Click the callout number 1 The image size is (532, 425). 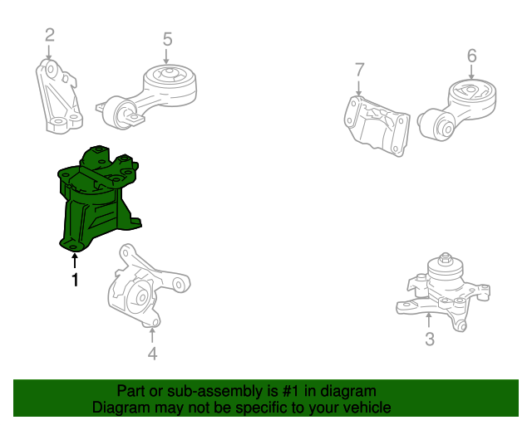75,280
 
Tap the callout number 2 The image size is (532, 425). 50,35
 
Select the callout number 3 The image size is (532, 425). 430,340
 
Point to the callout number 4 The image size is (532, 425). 152,354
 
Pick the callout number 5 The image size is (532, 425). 168,39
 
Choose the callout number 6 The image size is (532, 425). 472,56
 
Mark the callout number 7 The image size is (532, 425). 359,70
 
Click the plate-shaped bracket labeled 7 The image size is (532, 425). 377,126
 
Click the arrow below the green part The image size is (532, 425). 75,261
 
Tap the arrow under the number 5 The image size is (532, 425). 166,56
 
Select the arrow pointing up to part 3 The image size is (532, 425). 429,320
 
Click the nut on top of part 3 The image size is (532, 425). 446,258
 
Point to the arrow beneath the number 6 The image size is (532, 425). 471,72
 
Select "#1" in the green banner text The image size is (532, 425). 291,392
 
